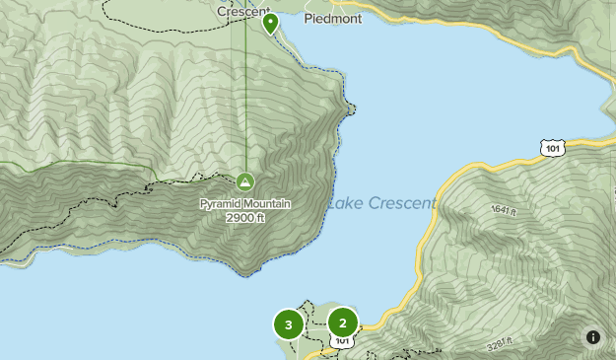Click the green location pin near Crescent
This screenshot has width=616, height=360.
click(270, 23)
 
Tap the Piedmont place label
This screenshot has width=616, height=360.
click(332, 18)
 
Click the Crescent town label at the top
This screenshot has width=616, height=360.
click(243, 12)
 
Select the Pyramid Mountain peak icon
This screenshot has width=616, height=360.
click(244, 181)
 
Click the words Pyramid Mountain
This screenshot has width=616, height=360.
click(245, 204)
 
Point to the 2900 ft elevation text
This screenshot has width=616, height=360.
click(245, 217)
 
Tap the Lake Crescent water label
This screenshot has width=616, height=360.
click(381, 204)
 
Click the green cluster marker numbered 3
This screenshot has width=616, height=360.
click(288, 324)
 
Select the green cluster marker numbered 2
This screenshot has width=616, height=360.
click(343, 322)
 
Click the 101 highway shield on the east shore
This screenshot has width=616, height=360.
click(554, 148)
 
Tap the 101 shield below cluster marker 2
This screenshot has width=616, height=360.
click(342, 341)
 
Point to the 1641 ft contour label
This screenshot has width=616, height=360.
click(503, 210)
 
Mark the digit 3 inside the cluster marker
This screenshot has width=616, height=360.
click(288, 324)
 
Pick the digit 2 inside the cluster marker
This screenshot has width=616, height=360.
click(343, 322)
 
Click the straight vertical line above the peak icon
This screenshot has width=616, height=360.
click(246, 99)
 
